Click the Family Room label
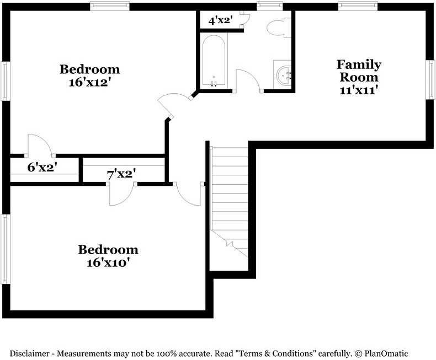coord(359,71)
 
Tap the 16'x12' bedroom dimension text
coord(89,82)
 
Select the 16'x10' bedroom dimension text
coord(108,263)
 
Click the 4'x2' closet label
coord(220,21)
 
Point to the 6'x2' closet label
coord(42,167)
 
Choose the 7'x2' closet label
coord(121,174)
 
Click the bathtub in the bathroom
coord(214,61)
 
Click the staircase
coord(229,198)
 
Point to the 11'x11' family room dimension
coord(359,89)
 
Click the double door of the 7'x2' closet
coord(121,194)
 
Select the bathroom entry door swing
coord(248,80)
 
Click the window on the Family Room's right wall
coord(430,80)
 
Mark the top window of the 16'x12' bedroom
coord(110,6)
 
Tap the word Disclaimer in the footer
coord(30,353)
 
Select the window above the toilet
coord(269,6)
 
